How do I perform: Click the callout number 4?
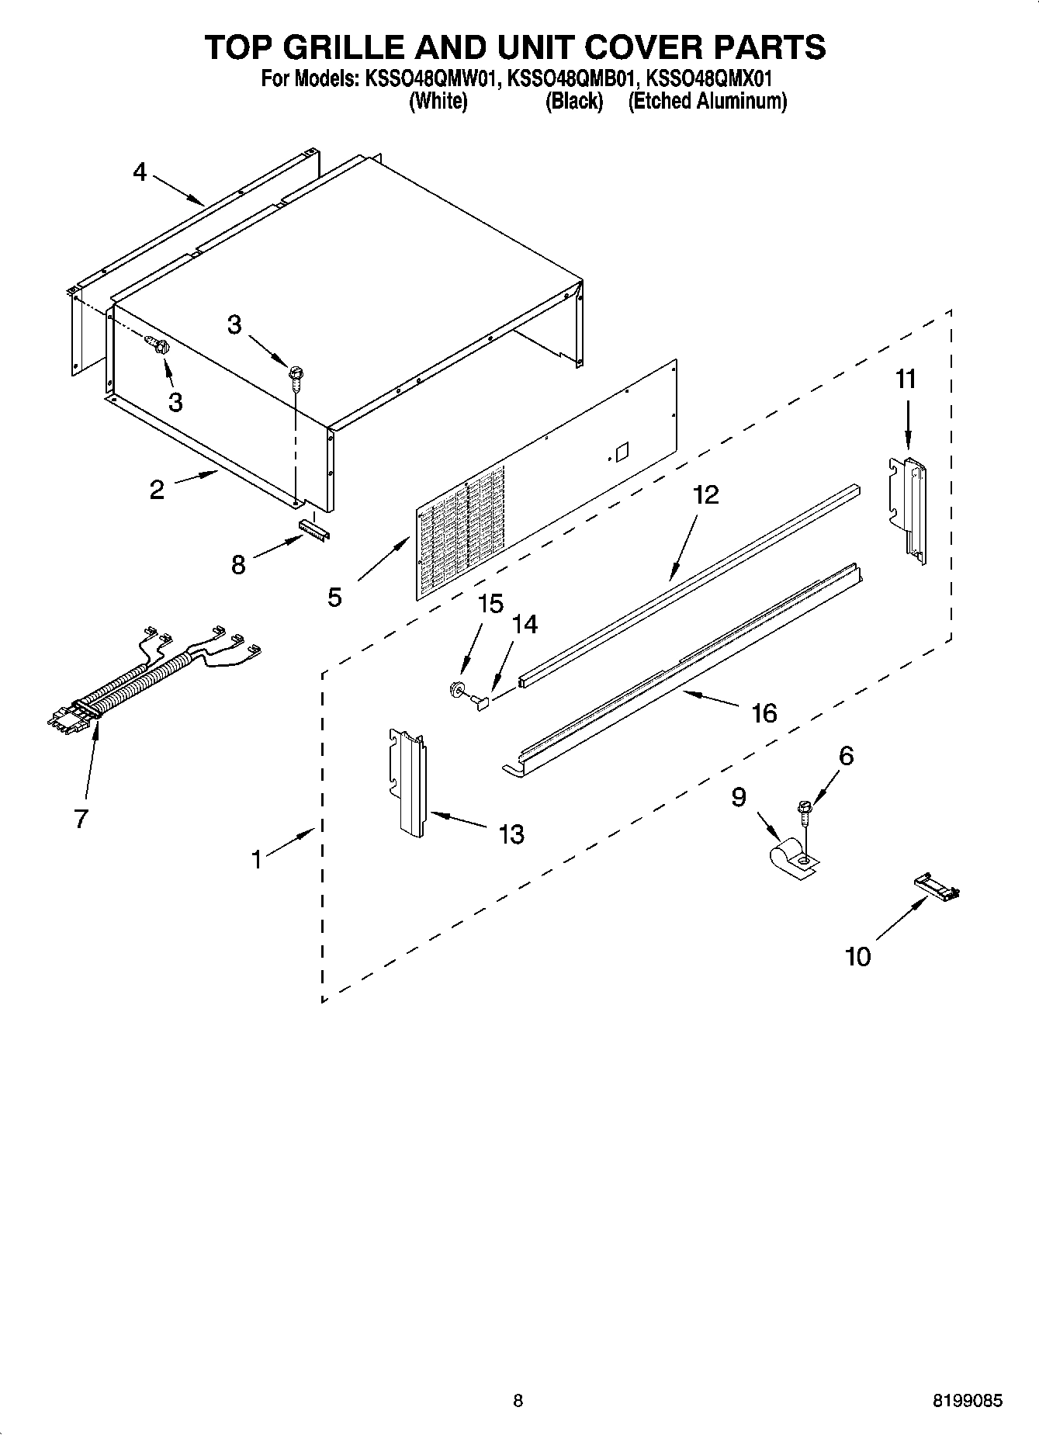(x=139, y=172)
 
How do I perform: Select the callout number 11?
(x=906, y=380)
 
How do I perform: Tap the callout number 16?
(x=764, y=712)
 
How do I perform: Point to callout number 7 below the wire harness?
(x=81, y=818)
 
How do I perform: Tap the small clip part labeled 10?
(x=937, y=885)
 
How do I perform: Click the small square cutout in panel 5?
(x=621, y=451)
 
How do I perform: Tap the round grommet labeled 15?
(x=457, y=688)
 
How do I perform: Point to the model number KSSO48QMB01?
(x=571, y=78)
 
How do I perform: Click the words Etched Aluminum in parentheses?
(x=707, y=102)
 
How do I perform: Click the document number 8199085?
(x=966, y=1401)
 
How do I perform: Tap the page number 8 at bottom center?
(x=518, y=1401)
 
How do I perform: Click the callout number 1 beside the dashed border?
(x=256, y=858)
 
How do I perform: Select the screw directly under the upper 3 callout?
(x=295, y=376)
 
